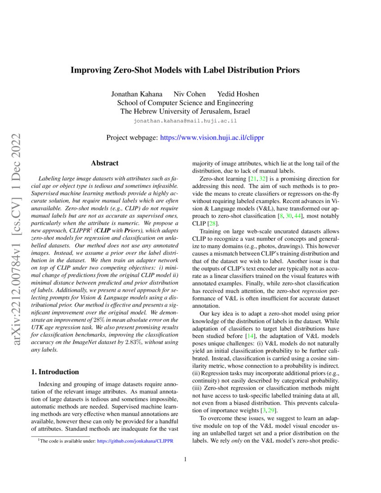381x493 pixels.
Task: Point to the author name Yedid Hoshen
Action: click(x=238, y=94)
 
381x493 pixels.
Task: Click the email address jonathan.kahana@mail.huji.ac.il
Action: click(x=185, y=121)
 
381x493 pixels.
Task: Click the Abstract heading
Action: click(x=105, y=163)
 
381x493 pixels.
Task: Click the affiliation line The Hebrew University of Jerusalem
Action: click(x=185, y=112)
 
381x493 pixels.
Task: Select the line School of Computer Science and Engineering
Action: click(x=185, y=103)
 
